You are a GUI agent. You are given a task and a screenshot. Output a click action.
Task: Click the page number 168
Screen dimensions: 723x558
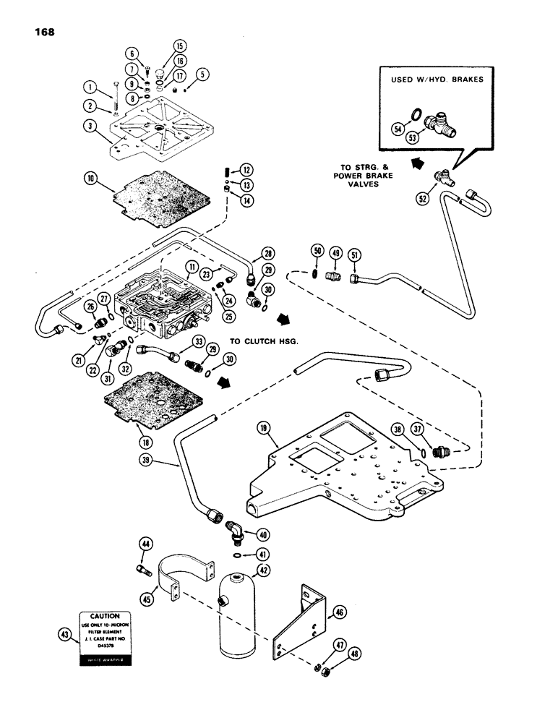tap(41, 32)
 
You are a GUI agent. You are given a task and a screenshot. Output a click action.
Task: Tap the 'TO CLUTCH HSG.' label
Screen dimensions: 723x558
tap(265, 339)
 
